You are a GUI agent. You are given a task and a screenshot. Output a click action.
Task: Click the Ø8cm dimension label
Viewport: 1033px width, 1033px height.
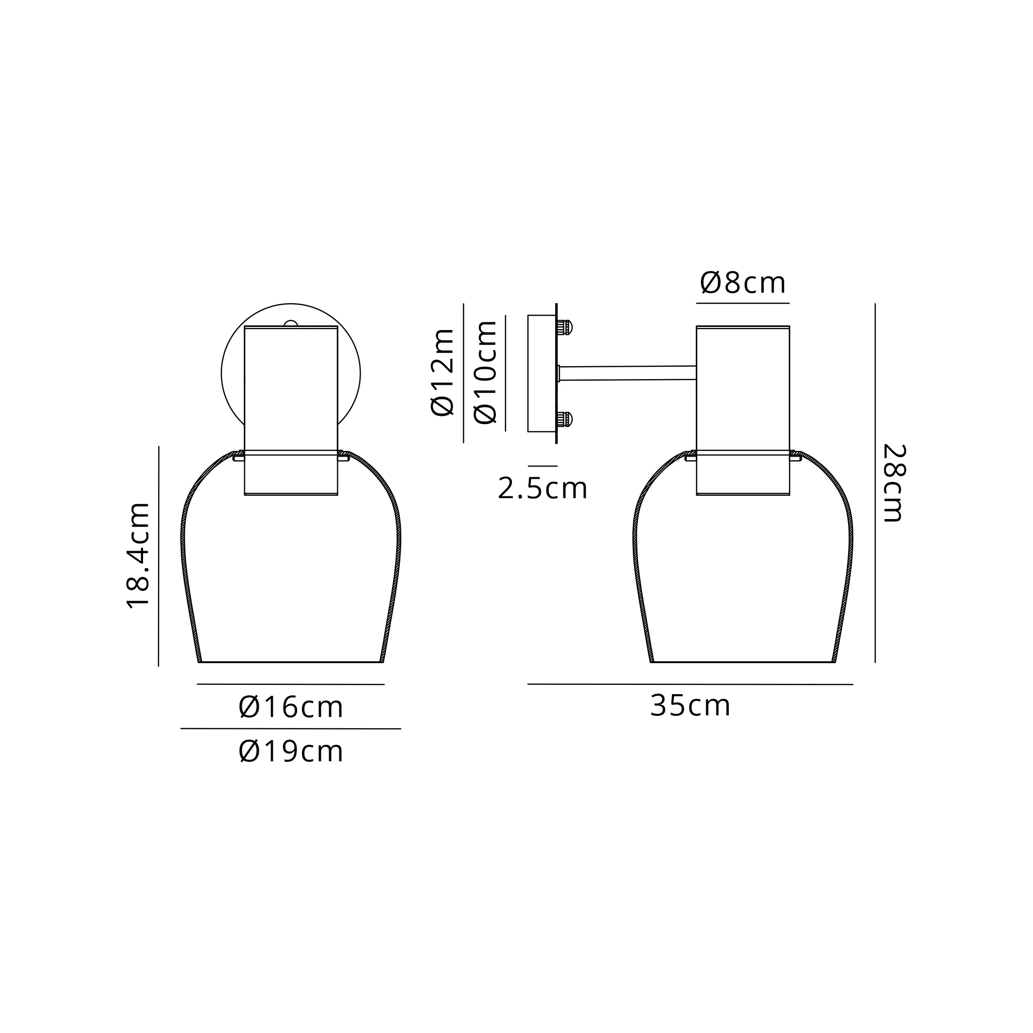(x=743, y=283)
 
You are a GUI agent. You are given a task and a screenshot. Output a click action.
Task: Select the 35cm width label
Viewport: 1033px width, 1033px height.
(x=690, y=705)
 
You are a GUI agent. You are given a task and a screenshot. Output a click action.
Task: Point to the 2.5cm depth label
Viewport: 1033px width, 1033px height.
(x=542, y=488)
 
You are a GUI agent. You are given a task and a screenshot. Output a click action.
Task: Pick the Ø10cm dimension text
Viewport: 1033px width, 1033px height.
(x=486, y=373)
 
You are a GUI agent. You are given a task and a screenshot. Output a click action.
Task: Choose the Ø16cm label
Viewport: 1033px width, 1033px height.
(x=291, y=707)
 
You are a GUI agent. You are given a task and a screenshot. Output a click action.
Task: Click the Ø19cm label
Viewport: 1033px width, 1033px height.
(x=291, y=751)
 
